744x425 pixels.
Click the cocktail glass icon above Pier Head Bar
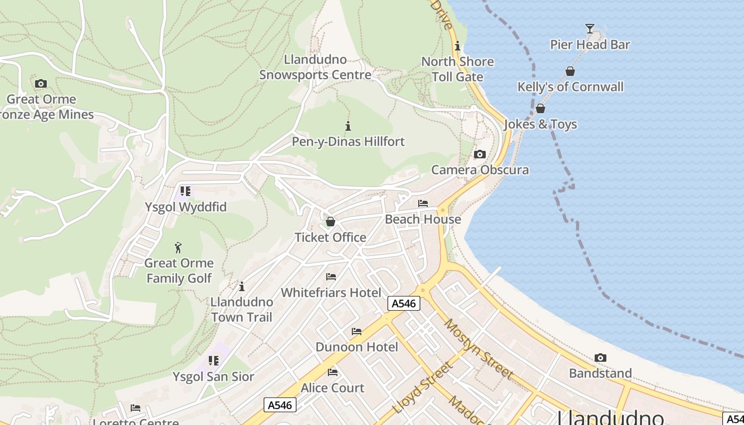[589, 28]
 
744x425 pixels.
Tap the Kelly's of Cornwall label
[570, 87]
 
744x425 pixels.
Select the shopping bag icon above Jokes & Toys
[540, 108]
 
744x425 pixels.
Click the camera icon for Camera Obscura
[479, 154]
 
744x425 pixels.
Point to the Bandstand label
[600, 373]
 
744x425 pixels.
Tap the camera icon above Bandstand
[600, 358]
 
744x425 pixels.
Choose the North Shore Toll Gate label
[458, 69]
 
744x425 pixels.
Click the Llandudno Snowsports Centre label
[315, 67]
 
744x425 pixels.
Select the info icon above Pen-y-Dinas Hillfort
[348, 126]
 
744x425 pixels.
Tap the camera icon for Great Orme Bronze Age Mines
[41, 83]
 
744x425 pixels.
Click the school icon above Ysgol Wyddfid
[185, 191]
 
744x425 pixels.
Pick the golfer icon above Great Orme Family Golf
[179, 247]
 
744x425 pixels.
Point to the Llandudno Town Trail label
[242, 309]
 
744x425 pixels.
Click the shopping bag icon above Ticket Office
[331, 222]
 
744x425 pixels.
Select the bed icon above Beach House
[423, 203]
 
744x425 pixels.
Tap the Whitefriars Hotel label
[331, 292]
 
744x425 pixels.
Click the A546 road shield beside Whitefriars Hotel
[404, 303]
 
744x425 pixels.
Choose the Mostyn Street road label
[479, 349]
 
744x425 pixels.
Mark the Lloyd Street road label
[423, 388]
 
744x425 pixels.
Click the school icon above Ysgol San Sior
[214, 361]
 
